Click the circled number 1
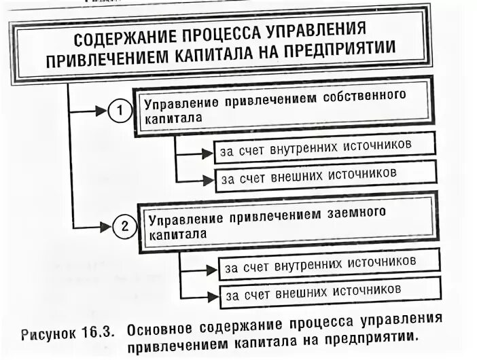click(119, 111)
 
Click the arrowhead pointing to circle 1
click(102, 109)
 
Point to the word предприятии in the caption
click(368, 336)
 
